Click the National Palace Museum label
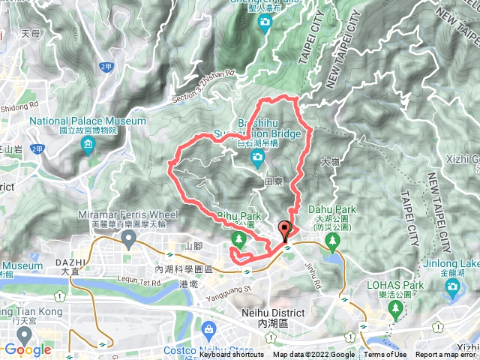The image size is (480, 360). point(88,121)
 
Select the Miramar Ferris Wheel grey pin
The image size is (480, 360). point(128,239)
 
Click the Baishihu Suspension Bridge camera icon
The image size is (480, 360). point(256,157)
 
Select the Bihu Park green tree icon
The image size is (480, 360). point(238,239)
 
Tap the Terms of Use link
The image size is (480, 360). point(385,355)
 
